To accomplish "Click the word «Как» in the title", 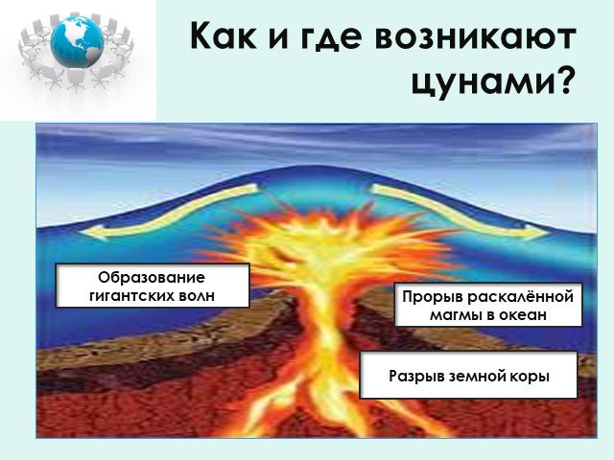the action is click(x=224, y=35).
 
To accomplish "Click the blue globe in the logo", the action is click(x=77, y=39).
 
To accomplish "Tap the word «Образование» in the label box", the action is click(x=152, y=277).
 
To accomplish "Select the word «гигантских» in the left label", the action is click(x=131, y=295).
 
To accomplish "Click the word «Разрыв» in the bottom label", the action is click(x=416, y=377).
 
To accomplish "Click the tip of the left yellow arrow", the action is click(x=81, y=232).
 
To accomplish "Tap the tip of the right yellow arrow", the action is click(x=549, y=233).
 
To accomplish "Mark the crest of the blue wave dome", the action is click(x=309, y=166).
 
